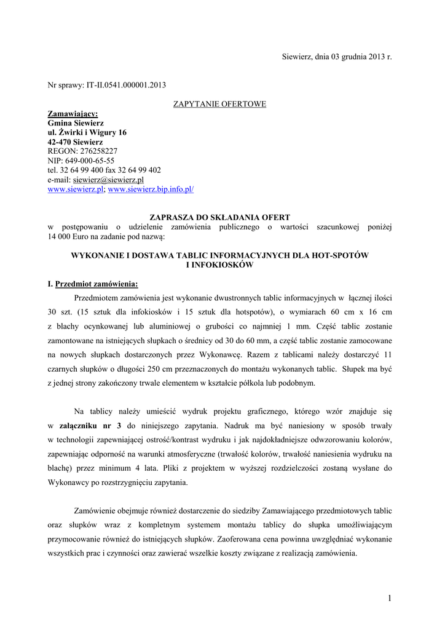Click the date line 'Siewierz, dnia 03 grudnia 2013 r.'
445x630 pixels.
(337, 57)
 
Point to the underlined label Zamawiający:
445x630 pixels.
(73, 114)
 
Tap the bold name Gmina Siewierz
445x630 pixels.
(76, 123)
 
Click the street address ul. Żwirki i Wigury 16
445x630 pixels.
(87, 132)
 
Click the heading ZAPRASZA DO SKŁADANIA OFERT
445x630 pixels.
(220, 217)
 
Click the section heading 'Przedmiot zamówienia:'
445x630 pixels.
(96, 284)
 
